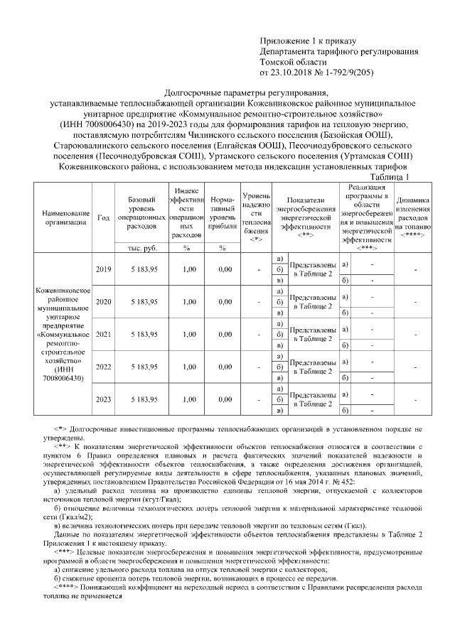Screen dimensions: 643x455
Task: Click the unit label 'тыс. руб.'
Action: tap(144, 248)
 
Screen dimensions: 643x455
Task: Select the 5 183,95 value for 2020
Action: tap(144, 302)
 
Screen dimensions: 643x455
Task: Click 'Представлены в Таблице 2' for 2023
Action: tap(313, 399)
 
